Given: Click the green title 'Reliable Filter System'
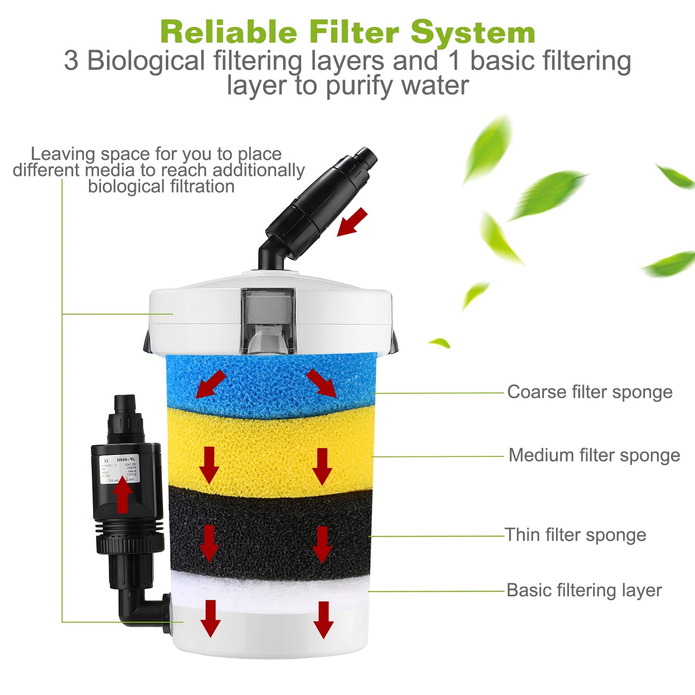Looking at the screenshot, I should [347, 32].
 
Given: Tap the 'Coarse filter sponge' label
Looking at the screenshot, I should [590, 392].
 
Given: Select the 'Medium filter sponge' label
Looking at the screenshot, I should [594, 455].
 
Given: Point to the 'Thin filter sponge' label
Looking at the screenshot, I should [575, 534].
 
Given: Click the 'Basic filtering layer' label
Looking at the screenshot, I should [584, 590].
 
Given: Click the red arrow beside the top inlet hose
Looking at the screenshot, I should [352, 223].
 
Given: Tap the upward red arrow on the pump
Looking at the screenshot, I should [123, 495].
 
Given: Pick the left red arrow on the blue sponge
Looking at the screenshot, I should [210, 384].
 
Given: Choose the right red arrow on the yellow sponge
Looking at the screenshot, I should [322, 466].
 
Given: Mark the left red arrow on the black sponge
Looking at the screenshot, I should [209, 543].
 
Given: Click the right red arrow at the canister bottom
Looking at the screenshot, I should [323, 619].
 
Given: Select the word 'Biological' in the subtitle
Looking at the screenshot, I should [146, 61].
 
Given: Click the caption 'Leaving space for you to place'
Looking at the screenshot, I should [156, 154].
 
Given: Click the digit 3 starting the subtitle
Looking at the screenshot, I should [71, 61].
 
